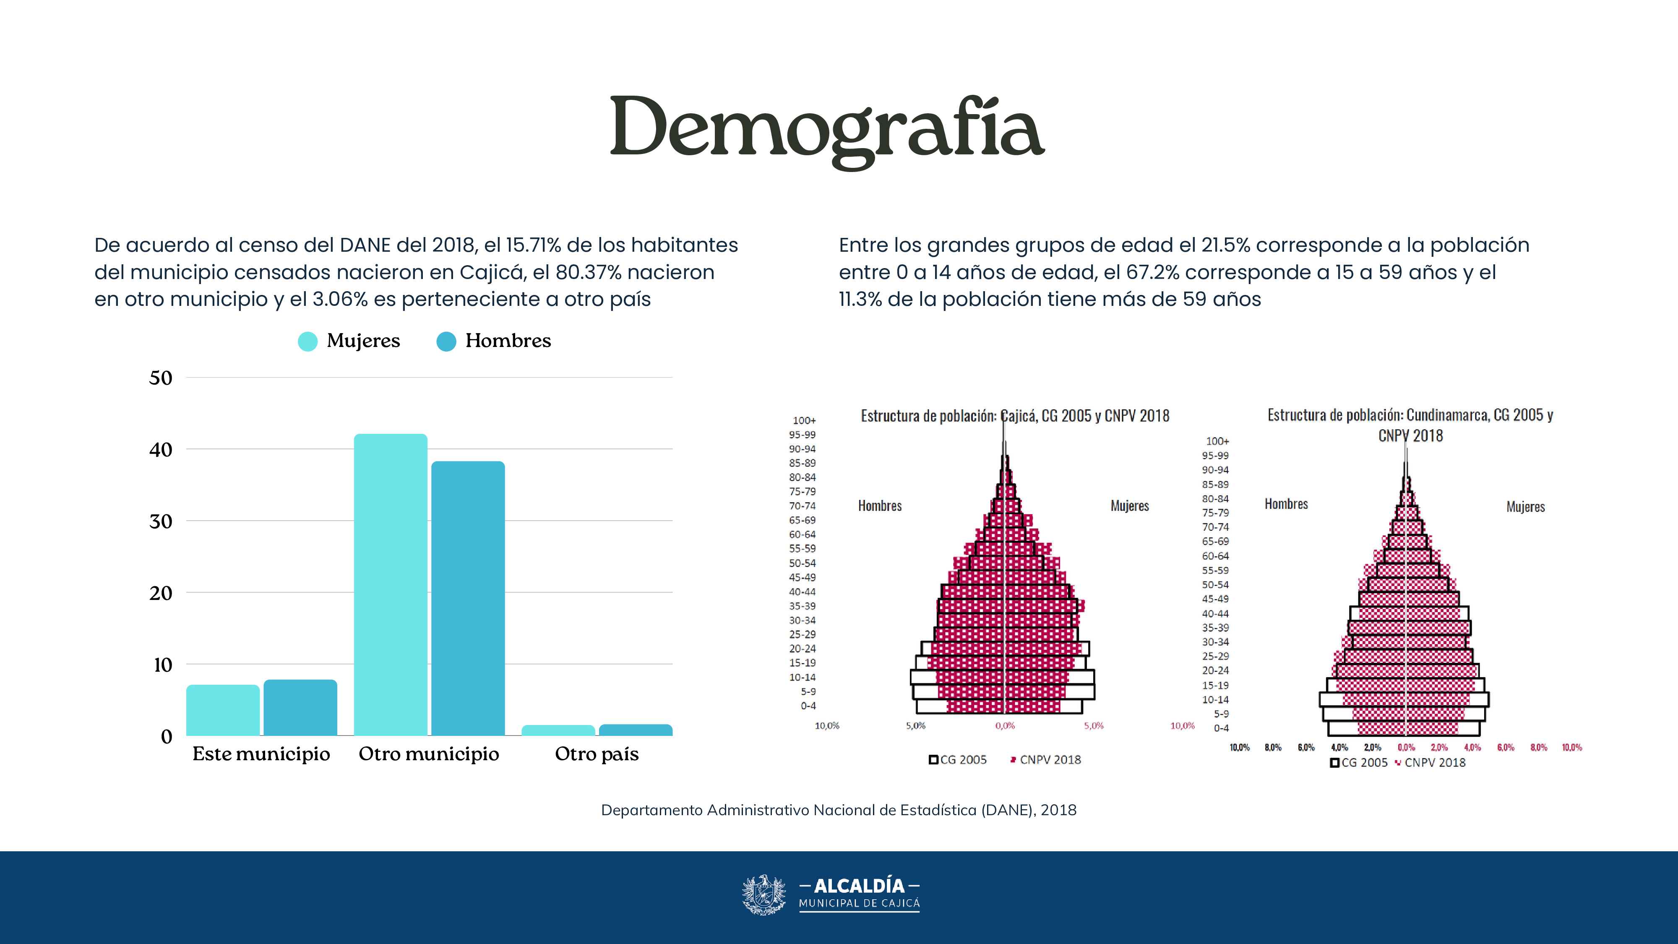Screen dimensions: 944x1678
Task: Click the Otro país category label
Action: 596,754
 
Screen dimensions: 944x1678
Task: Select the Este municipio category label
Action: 261,754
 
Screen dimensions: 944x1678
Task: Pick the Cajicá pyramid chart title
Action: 1015,416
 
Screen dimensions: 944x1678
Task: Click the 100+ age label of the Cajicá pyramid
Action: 804,421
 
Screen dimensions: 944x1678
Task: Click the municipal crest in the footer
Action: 764,894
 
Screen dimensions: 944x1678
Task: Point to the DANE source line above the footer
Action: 838,810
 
